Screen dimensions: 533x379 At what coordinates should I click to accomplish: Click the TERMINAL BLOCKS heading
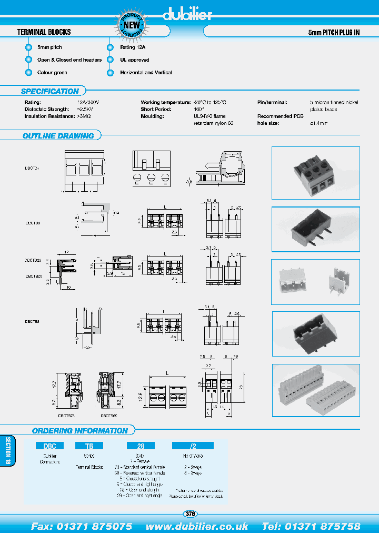click(x=44, y=32)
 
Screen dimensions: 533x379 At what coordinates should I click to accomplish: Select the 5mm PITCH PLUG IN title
click(x=334, y=32)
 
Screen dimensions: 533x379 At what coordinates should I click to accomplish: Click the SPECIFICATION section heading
click(x=50, y=91)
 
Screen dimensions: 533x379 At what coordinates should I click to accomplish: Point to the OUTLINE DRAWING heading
click(x=58, y=136)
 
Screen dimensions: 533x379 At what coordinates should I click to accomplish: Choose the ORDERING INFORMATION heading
click(x=79, y=431)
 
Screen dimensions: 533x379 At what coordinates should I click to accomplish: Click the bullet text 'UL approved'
click(x=134, y=60)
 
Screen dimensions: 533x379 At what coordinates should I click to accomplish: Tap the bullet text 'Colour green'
click(x=52, y=73)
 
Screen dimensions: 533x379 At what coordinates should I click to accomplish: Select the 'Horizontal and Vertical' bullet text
click(x=146, y=73)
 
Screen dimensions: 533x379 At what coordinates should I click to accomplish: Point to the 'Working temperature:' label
click(x=165, y=102)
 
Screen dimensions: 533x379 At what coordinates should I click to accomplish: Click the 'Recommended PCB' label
click(x=281, y=116)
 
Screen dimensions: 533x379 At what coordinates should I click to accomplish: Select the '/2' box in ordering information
click(x=193, y=446)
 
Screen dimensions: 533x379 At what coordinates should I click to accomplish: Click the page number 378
click(x=191, y=514)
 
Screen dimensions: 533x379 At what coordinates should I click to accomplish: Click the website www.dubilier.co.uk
click(x=197, y=526)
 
